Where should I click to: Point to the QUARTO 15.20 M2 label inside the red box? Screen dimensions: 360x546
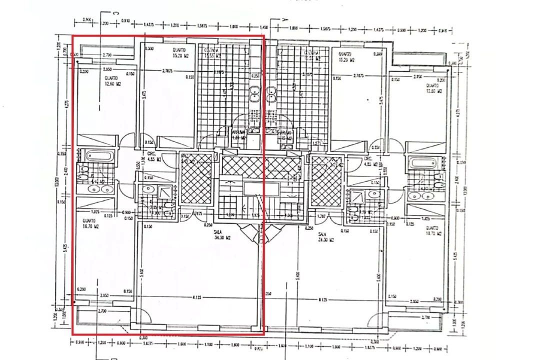[179, 53]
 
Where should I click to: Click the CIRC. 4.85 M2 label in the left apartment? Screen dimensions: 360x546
[154, 157]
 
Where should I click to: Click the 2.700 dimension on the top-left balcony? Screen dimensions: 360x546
[106, 55]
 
